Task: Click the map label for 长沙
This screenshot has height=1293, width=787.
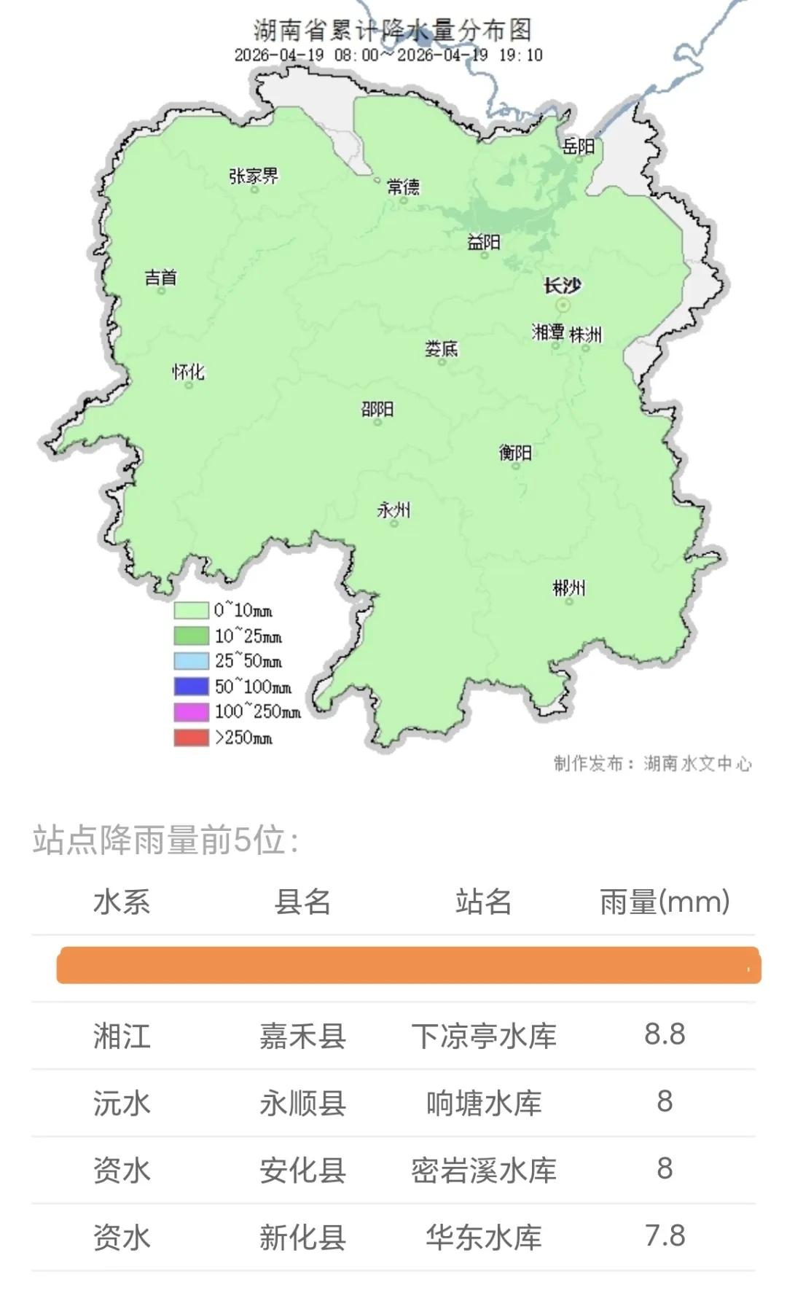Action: [x=562, y=286]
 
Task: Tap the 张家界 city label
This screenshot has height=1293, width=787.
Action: [x=253, y=176]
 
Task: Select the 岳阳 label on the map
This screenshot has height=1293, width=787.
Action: [x=578, y=146]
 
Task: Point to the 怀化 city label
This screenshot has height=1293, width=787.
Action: [x=188, y=372]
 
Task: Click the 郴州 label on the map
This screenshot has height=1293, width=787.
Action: [x=568, y=588]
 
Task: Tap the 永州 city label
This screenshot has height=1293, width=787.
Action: [x=393, y=509]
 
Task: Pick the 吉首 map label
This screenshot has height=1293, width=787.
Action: [x=160, y=277]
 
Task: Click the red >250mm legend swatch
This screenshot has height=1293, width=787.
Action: [x=191, y=737]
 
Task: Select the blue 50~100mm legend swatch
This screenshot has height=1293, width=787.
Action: [x=191, y=687]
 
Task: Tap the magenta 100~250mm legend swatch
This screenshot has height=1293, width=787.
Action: [x=191, y=711]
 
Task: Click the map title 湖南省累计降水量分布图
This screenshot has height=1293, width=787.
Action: [x=392, y=30]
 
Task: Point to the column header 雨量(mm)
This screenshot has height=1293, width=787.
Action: [x=664, y=902]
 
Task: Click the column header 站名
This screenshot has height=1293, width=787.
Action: [x=483, y=902]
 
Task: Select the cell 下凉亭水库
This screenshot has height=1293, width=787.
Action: [x=483, y=1036]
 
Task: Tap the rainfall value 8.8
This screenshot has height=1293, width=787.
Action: [x=664, y=1034]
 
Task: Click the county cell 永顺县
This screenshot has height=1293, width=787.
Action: [x=302, y=1103]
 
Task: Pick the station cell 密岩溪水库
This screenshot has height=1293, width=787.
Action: [x=483, y=1170]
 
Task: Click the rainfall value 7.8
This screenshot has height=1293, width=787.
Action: [x=664, y=1236]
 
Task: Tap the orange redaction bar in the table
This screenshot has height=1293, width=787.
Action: [x=408, y=965]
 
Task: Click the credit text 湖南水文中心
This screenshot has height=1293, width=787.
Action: [x=697, y=763]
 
